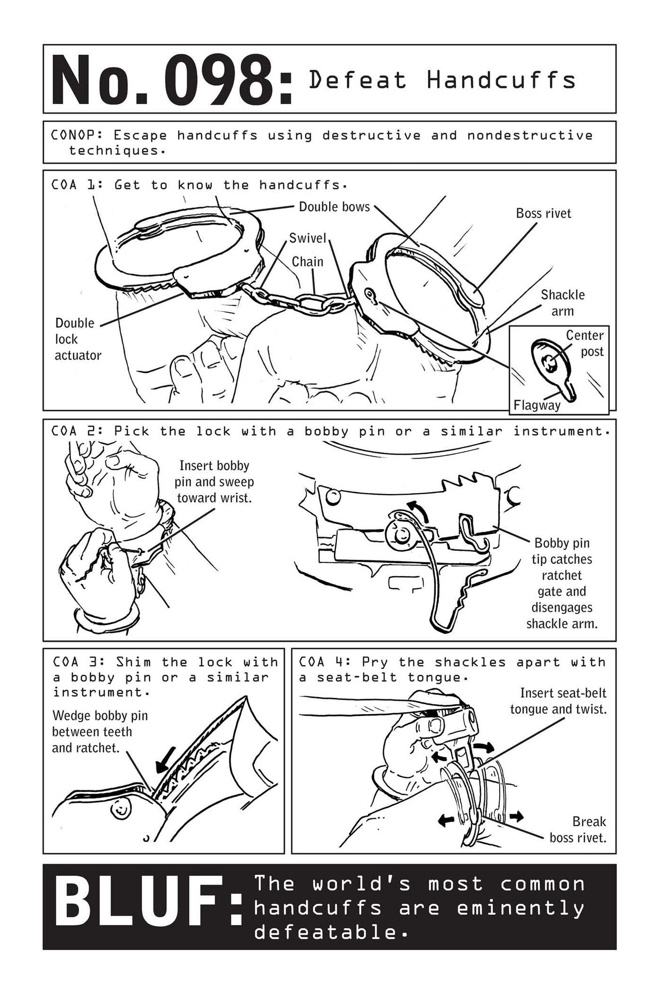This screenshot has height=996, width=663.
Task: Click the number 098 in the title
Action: [x=222, y=81]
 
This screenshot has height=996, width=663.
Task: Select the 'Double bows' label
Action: [x=334, y=207]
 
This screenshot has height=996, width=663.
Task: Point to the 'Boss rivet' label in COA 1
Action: [x=543, y=213]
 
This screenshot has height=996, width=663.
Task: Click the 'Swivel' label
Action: [x=307, y=238]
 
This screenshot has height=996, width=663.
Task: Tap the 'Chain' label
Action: [x=307, y=261]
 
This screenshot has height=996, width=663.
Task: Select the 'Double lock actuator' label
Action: [x=78, y=339]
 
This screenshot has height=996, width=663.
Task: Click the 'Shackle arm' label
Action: [x=563, y=303]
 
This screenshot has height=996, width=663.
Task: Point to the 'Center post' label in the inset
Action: [x=586, y=343]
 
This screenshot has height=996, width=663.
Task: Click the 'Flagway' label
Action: [x=537, y=405]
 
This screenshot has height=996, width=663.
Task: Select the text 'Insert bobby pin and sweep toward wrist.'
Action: [x=214, y=482]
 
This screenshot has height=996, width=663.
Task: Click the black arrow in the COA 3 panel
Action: [x=166, y=759]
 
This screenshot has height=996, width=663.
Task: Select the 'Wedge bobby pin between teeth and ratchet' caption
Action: [x=100, y=732]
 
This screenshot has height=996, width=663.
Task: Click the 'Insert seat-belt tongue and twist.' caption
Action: [x=558, y=701]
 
